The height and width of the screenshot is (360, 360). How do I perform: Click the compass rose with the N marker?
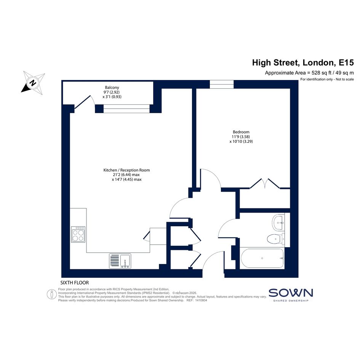[33, 83]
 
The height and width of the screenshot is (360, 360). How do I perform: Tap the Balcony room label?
[112, 88]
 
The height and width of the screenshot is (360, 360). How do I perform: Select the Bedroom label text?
[241, 132]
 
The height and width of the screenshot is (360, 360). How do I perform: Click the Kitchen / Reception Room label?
[126, 170]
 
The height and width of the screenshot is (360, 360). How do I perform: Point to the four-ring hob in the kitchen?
[78, 234]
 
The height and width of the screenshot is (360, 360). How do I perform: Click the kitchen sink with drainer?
[120, 261]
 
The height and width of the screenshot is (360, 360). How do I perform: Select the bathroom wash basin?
[278, 222]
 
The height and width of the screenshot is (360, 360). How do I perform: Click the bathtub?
[262, 258]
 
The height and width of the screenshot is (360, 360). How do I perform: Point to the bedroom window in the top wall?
[222, 84]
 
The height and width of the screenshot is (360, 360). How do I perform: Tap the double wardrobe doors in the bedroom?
[265, 184]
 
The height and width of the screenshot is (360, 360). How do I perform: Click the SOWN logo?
[291, 295]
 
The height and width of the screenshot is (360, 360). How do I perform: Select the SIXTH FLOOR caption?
[74, 283]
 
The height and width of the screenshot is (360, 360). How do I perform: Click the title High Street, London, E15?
[303, 62]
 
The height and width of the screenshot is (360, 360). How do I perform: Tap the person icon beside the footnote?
[52, 294]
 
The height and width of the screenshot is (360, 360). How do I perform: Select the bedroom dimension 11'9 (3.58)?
[241, 137]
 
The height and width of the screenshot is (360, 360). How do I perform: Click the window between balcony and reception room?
[126, 109]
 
